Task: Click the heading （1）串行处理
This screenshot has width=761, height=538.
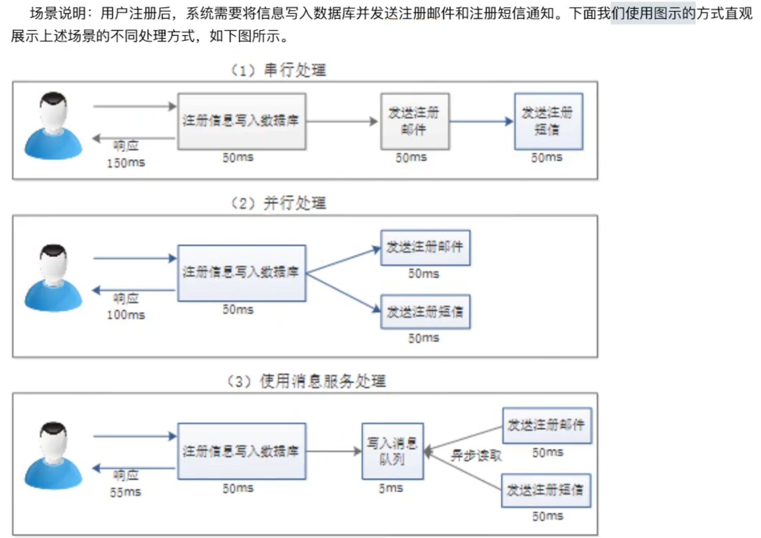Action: [279, 70]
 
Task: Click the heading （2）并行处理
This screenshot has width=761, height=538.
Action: [279, 203]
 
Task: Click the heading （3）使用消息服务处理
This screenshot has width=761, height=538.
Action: [306, 381]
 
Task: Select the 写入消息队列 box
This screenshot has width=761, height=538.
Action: [392, 451]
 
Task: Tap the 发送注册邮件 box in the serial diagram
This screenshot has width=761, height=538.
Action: [414, 121]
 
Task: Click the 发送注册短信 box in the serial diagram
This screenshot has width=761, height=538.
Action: [548, 121]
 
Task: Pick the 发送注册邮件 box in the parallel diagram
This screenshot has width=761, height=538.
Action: [425, 247]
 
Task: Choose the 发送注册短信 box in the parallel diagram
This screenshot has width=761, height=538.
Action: [425, 312]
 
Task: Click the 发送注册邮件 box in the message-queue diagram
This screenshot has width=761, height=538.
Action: [546, 425]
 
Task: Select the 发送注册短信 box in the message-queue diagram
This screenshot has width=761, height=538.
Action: [546, 490]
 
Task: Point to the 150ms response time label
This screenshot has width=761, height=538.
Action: [126, 163]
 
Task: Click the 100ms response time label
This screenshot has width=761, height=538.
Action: [126, 315]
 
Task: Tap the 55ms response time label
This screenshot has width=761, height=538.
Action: [126, 493]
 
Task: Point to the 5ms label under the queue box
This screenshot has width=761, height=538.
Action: [391, 489]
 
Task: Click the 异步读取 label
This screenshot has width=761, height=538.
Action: [476, 456]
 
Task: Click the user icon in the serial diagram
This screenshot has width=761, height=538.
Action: [53, 126]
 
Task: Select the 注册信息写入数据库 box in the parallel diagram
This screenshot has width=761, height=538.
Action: [241, 273]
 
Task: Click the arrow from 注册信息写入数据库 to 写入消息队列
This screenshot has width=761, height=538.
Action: [333, 451]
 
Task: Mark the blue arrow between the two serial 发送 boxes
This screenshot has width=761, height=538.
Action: [481, 121]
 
